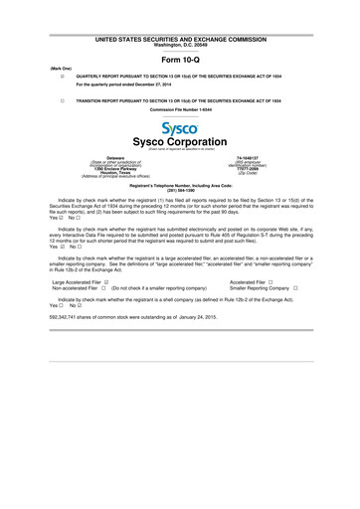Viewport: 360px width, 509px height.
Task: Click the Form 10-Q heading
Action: point(180,58)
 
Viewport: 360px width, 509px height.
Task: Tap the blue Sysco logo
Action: point(179,129)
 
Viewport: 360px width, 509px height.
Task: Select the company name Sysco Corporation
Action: point(180,142)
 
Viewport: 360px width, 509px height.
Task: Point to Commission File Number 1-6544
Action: point(180,108)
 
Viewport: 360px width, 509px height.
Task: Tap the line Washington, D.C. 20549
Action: point(180,45)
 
